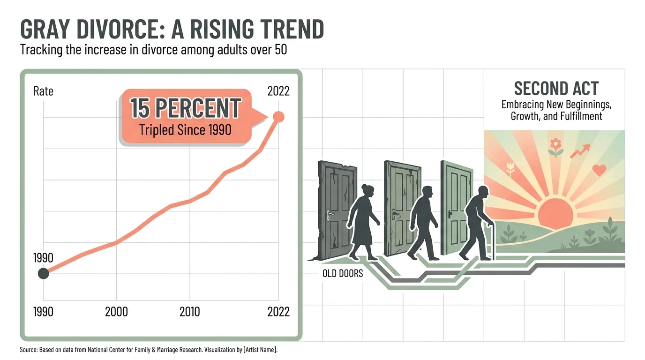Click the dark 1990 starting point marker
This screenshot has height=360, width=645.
43,273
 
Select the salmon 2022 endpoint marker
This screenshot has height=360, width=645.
278,117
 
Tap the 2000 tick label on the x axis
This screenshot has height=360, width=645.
116,312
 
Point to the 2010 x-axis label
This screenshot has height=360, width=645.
189,312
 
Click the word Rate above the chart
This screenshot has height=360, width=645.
43,91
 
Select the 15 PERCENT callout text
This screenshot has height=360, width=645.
185,108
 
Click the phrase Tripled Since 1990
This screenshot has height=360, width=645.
185,130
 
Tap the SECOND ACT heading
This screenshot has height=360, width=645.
556,89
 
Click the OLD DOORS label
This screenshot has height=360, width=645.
343,273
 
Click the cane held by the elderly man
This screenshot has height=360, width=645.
491,242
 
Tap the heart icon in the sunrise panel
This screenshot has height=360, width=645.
599,170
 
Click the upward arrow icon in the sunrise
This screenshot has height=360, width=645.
580,151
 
